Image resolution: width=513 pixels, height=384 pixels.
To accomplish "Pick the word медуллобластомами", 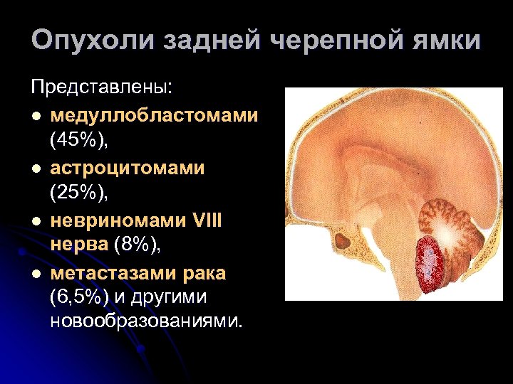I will click(x=154, y=115).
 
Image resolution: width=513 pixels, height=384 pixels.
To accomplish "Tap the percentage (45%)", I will click(x=78, y=142).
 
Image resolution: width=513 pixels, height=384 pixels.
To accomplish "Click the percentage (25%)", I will click(x=78, y=194).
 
